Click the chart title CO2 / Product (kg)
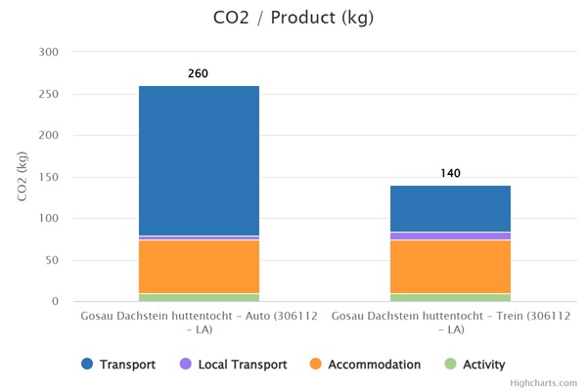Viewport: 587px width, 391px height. pyautogui.click(x=293, y=18)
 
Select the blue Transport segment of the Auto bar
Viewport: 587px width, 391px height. pyautogui.click(x=199, y=160)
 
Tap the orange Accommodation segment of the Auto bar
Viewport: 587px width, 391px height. pyautogui.click(x=199, y=267)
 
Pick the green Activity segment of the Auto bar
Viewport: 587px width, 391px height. pyautogui.click(x=199, y=297)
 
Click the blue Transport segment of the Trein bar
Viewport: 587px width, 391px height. pyautogui.click(x=450, y=208)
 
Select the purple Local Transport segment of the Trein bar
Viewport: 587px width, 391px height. pyautogui.click(x=450, y=236)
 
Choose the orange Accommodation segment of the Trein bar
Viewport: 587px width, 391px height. pyautogui.click(x=450, y=267)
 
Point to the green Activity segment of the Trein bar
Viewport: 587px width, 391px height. pyautogui.click(x=450, y=297)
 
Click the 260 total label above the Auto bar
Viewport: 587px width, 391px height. pyautogui.click(x=198, y=73)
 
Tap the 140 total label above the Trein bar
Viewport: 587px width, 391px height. pyautogui.click(x=450, y=173)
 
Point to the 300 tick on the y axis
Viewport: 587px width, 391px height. pyautogui.click(x=48, y=52)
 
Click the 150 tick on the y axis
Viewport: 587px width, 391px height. pyautogui.click(x=48, y=177)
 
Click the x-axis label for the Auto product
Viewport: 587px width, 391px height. pyautogui.click(x=199, y=324)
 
